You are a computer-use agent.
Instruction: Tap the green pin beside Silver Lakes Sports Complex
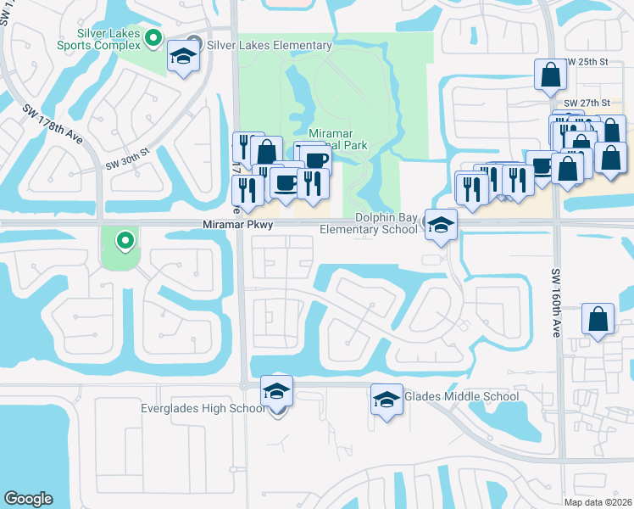[x=153, y=38]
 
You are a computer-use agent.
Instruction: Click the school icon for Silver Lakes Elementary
[x=183, y=57]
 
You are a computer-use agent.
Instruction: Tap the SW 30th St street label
[x=127, y=158]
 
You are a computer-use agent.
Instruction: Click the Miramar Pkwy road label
[x=238, y=225]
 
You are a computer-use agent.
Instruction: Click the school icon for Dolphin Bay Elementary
[x=441, y=226]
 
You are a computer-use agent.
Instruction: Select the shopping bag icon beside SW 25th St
[x=550, y=75]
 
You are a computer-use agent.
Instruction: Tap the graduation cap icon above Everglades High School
[x=276, y=391]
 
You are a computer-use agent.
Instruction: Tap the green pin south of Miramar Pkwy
[x=125, y=242]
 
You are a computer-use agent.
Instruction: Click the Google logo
[x=29, y=499]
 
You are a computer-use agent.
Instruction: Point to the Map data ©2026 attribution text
[x=598, y=502]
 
